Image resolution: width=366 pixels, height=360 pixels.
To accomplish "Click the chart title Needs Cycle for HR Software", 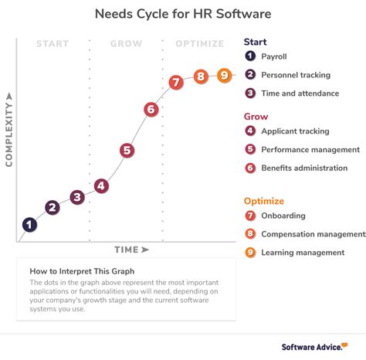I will (182, 14).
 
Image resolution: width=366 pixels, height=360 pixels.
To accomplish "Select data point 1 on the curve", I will (29, 225).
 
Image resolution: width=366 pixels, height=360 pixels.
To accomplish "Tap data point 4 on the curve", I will (101, 185).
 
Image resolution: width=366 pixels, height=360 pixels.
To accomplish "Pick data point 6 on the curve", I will (151, 110).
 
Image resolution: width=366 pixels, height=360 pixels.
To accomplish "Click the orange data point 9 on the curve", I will (224, 76).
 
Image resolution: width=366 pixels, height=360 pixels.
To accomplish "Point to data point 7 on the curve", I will (175, 82).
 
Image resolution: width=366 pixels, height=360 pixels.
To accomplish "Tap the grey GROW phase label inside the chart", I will (125, 44).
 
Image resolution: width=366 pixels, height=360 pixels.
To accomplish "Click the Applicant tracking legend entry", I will (295, 131).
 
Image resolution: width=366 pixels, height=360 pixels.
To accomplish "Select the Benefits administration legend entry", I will (304, 168).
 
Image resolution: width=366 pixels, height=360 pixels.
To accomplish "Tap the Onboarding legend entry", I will (283, 216).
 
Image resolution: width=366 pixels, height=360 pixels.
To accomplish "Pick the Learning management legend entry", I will (303, 252).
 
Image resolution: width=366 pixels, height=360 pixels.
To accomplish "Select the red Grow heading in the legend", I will (256, 117).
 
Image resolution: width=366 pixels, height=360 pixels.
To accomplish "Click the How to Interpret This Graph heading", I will (82, 270).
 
